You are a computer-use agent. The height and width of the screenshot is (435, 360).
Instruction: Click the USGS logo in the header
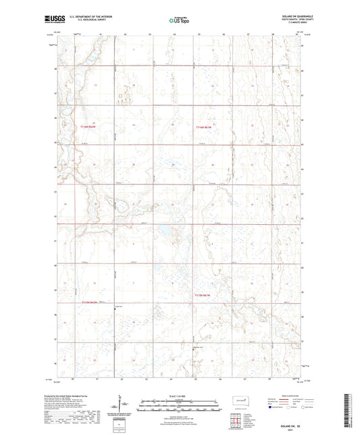click(52, 20)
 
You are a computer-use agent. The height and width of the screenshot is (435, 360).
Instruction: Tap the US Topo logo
click(178, 21)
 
